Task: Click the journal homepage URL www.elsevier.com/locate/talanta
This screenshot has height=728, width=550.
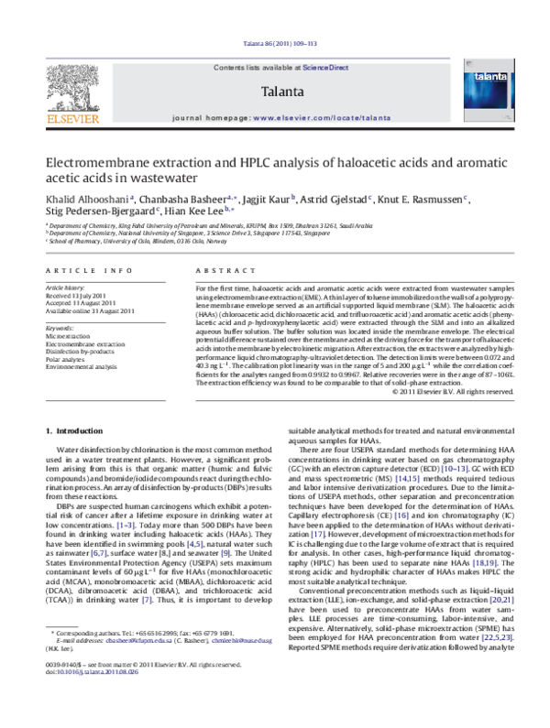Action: (x=322, y=119)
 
